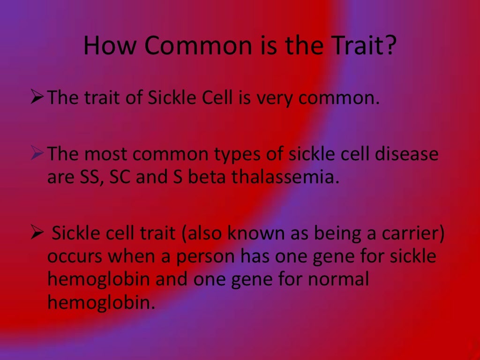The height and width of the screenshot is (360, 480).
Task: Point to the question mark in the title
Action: (391, 47)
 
